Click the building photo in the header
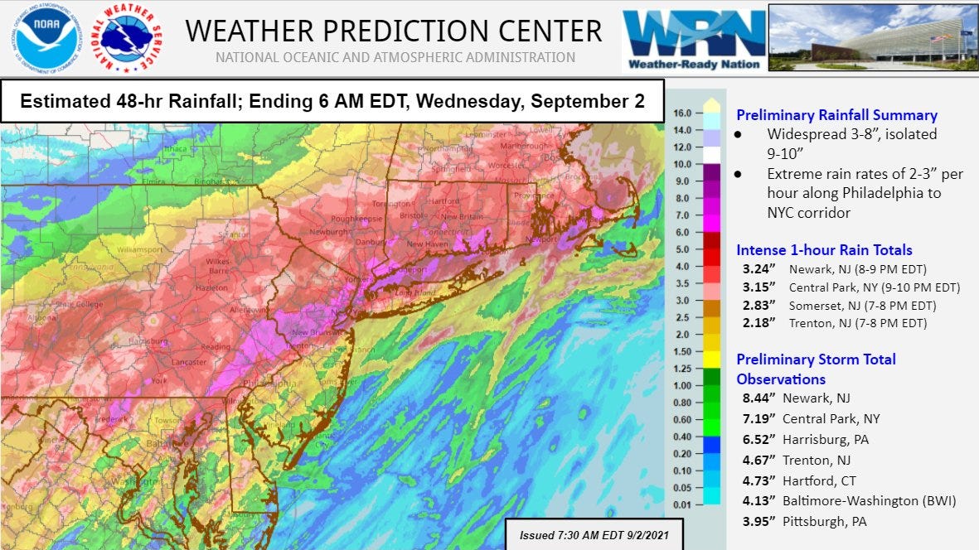pyautogui.click(x=872, y=37)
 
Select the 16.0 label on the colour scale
pyautogui.click(x=682, y=113)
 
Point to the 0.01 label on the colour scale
pyautogui.click(x=682, y=504)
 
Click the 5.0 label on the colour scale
pyautogui.click(x=682, y=248)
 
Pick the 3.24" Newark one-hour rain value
pyautogui.click(x=761, y=269)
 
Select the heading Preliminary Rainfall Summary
pyautogui.click(x=836, y=116)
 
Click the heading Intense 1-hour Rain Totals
pyautogui.click(x=824, y=250)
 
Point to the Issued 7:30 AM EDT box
pyautogui.click(x=594, y=535)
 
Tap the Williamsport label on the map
pyautogui.click(x=140, y=248)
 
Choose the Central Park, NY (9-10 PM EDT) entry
pyautogui.click(x=875, y=287)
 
